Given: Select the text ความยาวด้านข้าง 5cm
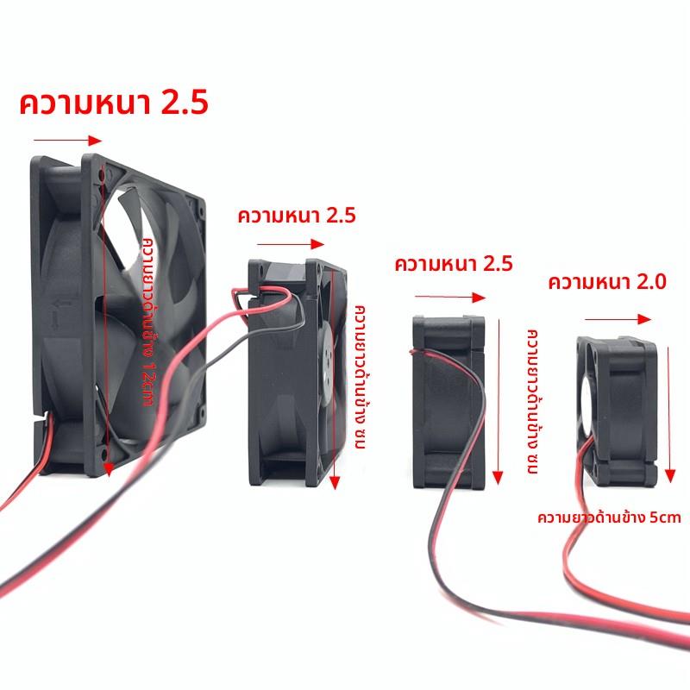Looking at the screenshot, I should [x=609, y=517].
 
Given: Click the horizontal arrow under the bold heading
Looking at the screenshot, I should [x=67, y=141].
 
